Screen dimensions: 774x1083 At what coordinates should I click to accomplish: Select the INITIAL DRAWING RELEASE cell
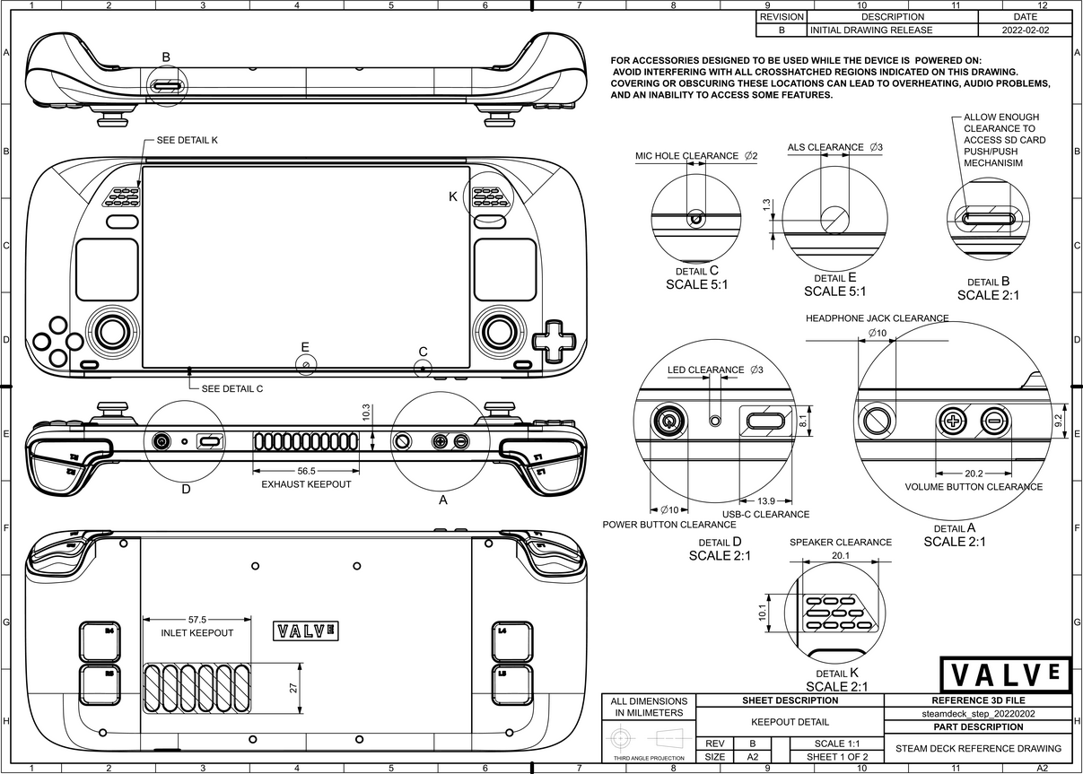tap(871, 30)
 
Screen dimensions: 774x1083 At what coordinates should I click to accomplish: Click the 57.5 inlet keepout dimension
tap(197, 619)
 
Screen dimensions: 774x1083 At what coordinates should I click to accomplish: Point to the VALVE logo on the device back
tap(306, 631)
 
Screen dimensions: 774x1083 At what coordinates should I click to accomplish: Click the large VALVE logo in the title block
tap(1006, 674)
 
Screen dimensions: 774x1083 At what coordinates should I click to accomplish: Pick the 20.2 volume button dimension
tap(974, 473)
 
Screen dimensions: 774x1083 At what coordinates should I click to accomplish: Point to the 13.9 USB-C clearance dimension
tap(766, 500)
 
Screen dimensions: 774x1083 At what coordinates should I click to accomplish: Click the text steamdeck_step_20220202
tap(978, 714)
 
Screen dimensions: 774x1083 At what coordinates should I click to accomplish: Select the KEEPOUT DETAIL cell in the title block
tap(790, 721)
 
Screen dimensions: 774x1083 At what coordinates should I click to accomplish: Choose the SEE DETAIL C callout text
tap(232, 389)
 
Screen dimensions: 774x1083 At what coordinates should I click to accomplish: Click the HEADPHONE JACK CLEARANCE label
tap(877, 318)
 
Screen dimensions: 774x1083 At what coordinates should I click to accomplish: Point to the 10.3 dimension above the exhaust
tap(366, 413)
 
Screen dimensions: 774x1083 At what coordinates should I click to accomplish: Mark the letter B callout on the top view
tap(165, 57)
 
